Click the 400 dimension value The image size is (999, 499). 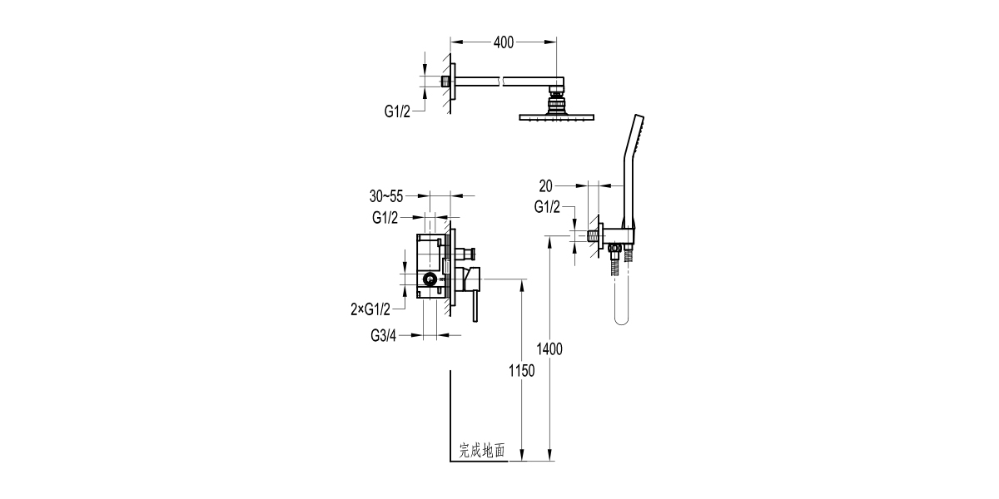click(503, 42)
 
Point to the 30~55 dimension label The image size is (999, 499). click(386, 196)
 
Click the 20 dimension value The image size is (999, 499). click(546, 185)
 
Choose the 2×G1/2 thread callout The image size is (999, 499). click(370, 309)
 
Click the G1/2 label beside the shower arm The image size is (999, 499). click(397, 111)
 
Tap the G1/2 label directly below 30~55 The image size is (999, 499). click(386, 218)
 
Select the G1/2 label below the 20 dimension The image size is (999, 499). click(547, 206)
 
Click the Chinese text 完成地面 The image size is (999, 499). click(482, 451)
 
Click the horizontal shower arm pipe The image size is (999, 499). click(499, 81)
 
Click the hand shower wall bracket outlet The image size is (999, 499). click(613, 236)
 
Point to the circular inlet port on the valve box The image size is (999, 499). click(430, 280)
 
